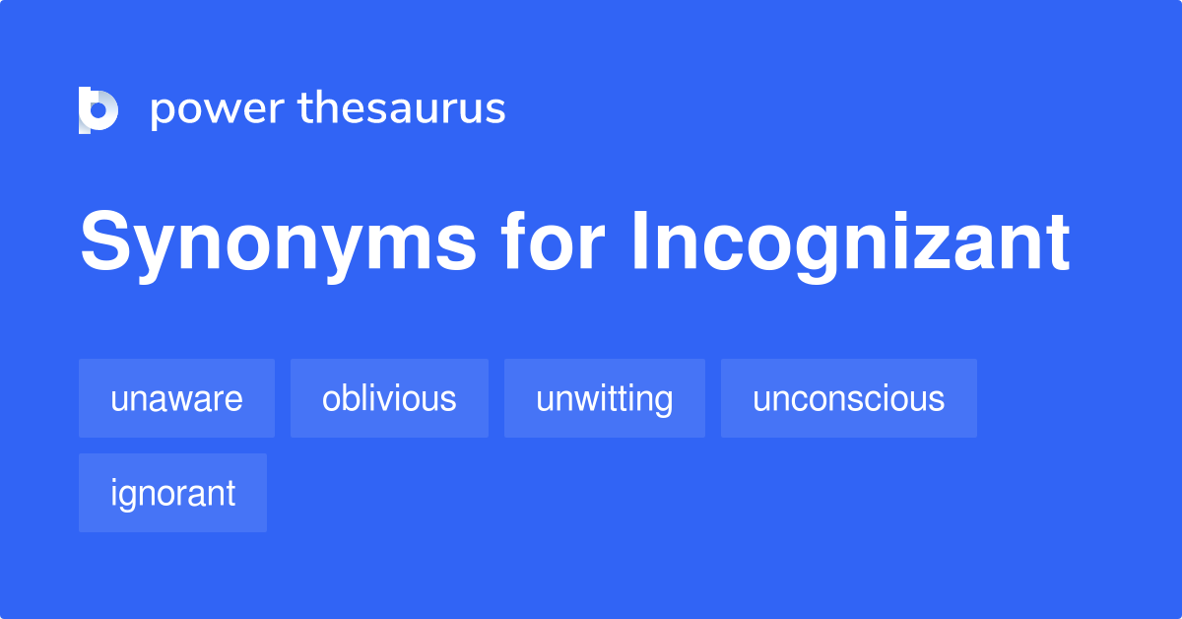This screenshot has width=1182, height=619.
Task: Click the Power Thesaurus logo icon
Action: coord(98,109)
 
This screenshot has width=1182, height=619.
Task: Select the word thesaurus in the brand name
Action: coord(402,109)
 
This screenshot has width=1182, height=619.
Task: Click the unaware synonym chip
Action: coord(176,398)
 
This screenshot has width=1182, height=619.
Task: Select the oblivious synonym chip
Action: coord(389,398)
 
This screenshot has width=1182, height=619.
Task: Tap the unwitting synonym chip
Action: coord(604,398)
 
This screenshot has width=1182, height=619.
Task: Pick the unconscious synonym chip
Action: coord(848,398)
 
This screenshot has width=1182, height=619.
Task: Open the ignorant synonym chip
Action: coord(172,493)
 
